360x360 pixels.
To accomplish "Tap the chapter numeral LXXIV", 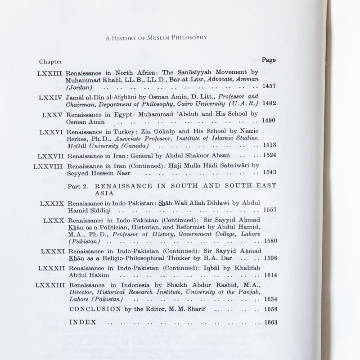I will tap(50, 97).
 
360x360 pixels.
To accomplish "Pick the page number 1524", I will tap(270, 156).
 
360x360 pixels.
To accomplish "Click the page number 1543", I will tap(270, 172).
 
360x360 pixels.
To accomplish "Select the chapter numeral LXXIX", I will tap(52, 203).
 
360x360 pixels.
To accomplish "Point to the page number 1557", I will tap(270, 210).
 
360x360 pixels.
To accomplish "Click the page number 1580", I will tap(270, 241).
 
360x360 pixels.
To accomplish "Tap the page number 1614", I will tap(270, 275).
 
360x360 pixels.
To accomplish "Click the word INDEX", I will tap(81, 323).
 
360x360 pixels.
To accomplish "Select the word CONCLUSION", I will tap(95, 309).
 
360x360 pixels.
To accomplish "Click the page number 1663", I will tap(270, 322).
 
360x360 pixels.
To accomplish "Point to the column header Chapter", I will tap(51, 61).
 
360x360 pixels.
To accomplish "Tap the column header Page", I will tap(269, 60).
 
